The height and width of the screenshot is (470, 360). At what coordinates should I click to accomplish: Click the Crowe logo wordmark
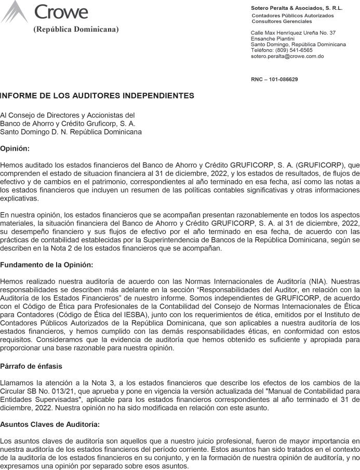click(61, 11)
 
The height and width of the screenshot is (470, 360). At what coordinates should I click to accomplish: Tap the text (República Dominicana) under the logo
click(76, 29)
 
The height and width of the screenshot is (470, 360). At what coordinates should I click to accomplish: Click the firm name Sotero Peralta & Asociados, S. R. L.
click(297, 8)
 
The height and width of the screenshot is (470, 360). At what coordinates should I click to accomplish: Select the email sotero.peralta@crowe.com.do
click(287, 56)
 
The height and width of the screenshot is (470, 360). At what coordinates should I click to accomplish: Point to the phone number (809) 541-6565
click(294, 50)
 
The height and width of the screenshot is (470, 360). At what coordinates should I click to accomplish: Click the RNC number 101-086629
click(283, 79)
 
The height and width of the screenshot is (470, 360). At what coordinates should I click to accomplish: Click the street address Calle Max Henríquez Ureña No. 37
click(293, 33)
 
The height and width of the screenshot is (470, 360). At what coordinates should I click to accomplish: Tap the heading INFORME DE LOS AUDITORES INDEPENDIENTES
click(97, 96)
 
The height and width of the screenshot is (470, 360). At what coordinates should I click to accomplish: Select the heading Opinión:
click(15, 149)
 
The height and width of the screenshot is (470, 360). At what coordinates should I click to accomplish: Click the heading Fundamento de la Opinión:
click(47, 265)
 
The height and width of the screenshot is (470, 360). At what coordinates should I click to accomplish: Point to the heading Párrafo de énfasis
click(31, 366)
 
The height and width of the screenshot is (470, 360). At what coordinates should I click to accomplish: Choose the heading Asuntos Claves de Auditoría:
click(50, 424)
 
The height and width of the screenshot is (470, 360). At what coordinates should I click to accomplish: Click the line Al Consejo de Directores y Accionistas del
click(68, 115)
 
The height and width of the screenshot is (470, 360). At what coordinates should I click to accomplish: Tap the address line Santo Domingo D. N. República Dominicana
click(71, 132)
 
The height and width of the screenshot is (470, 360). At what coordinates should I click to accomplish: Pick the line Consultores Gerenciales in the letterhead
click(282, 21)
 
